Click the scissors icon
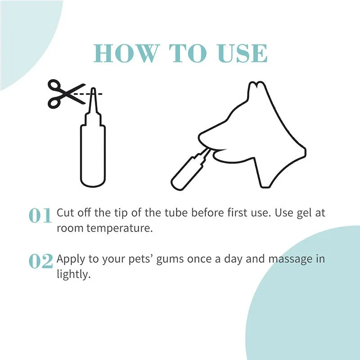pos(63,93)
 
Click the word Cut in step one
pos(65,212)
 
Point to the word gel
pos(295,212)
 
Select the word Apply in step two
pos(70,260)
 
